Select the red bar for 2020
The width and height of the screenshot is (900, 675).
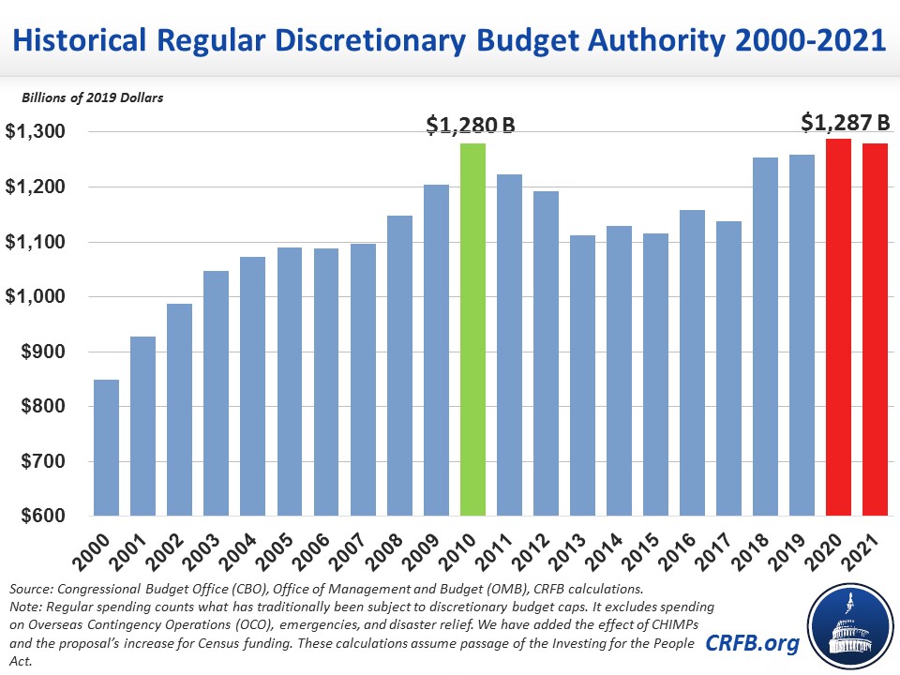[838, 328]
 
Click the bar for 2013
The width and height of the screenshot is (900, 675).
[582, 376]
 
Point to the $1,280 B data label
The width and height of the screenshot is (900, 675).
[472, 126]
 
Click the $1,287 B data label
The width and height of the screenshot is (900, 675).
[846, 121]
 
